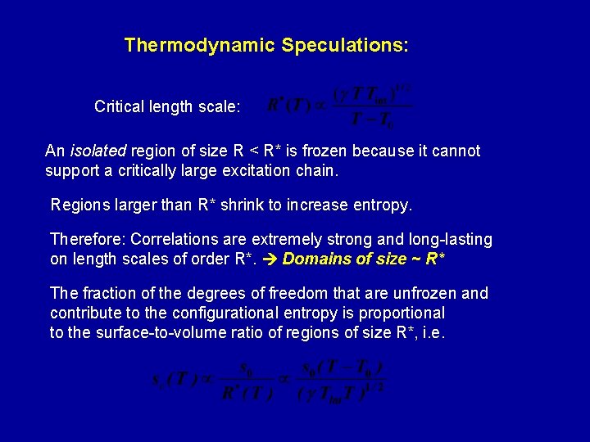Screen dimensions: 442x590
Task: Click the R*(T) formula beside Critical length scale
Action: tap(340, 107)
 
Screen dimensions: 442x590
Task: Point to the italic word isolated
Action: tap(98, 151)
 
